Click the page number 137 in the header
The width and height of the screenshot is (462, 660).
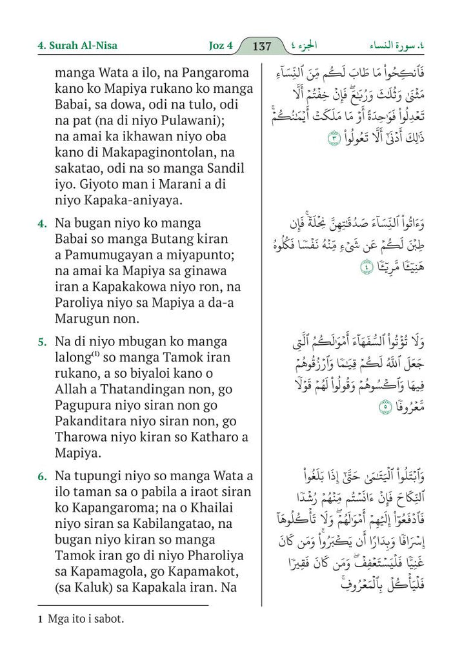tap(263, 46)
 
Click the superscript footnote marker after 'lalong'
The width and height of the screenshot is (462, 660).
tap(92, 353)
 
